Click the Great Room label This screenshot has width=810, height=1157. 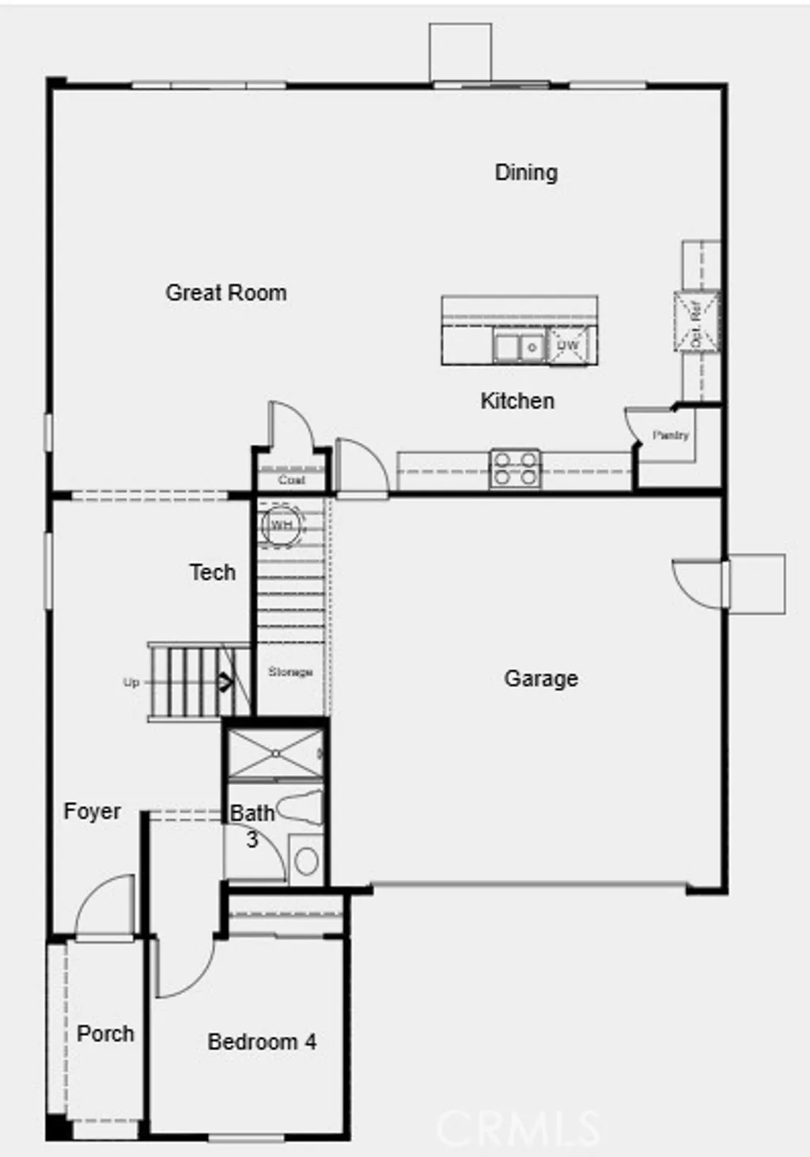tap(226, 293)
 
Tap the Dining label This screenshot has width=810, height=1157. tap(526, 173)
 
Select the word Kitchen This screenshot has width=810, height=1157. tap(517, 401)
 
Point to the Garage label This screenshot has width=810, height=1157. tap(541, 679)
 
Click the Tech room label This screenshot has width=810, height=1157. tap(212, 572)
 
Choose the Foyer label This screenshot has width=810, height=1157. tap(92, 812)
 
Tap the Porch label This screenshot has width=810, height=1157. tap(105, 1034)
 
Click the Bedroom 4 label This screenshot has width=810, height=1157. tap(262, 1042)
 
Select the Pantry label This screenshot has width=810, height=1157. tap(671, 435)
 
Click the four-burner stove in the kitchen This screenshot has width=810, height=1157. tap(515, 468)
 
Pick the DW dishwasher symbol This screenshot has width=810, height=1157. tap(568, 346)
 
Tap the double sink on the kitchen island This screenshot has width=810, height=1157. tap(519, 347)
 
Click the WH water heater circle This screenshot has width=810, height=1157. tap(282, 525)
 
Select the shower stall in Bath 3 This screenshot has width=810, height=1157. tap(274, 753)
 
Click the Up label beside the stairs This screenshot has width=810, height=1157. tap(131, 682)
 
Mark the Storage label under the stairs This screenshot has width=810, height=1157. tap(290, 672)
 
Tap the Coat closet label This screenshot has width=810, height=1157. tap(291, 480)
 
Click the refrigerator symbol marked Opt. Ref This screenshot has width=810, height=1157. tap(697, 321)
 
